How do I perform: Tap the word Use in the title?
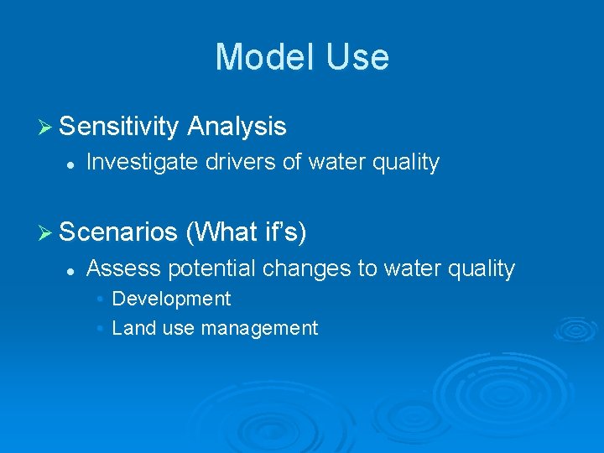click(x=358, y=57)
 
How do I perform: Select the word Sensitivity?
click(x=119, y=127)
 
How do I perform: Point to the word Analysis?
click(x=237, y=127)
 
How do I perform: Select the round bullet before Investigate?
click(x=70, y=164)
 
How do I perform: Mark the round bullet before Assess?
click(x=70, y=270)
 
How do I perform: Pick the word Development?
click(x=171, y=299)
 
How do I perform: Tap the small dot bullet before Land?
click(x=100, y=329)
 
